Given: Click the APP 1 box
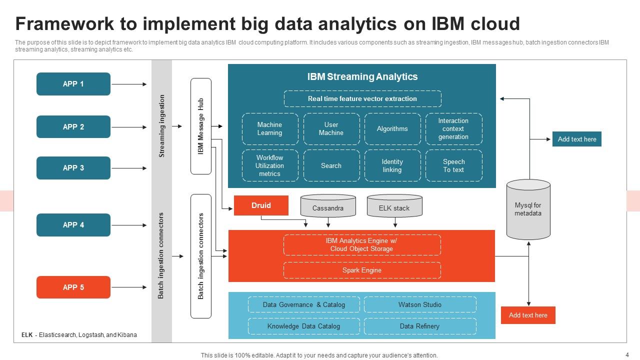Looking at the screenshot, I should pyautogui.click(x=73, y=84).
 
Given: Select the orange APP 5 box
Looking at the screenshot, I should pyautogui.click(x=73, y=287).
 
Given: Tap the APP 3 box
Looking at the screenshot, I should pyautogui.click(x=73, y=168).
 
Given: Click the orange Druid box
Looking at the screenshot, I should pyautogui.click(x=261, y=205).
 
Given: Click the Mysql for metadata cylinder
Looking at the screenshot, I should pyautogui.click(x=528, y=210).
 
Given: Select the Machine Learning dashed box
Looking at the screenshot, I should pyautogui.click(x=269, y=129).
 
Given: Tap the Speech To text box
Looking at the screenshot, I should pyautogui.click(x=453, y=166).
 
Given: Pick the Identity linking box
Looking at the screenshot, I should pyautogui.click(x=392, y=166).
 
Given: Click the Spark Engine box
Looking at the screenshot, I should pyautogui.click(x=362, y=270).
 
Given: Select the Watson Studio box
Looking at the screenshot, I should pyautogui.click(x=420, y=304).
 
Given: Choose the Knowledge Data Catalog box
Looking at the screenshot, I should pyautogui.click(x=303, y=326).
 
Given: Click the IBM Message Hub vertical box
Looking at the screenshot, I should pyautogui.click(x=201, y=126).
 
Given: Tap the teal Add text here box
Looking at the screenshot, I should pyautogui.click(x=576, y=139).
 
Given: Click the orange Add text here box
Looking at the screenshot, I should pyautogui.click(x=528, y=315).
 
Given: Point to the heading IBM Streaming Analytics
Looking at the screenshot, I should pyautogui.click(x=362, y=77).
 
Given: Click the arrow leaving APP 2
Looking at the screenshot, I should pyautogui.click(x=128, y=127).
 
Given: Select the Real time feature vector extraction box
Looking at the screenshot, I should pyautogui.click(x=362, y=99).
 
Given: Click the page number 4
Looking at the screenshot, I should pyautogui.click(x=627, y=354).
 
